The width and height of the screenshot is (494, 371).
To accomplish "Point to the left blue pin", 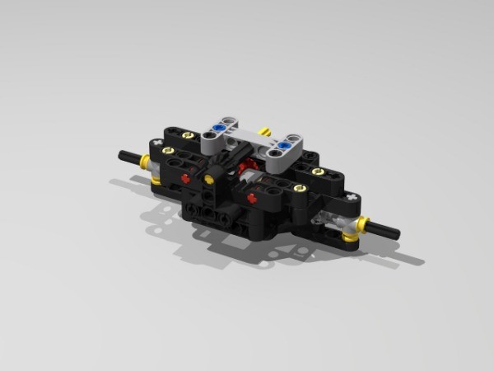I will pyautogui.click(x=219, y=127).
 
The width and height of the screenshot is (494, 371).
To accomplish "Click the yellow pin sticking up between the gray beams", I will pyautogui.click(x=265, y=131).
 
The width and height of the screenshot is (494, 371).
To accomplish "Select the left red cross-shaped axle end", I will pyautogui.click(x=187, y=177).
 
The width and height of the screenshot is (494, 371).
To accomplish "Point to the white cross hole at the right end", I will pyautogui.click(x=352, y=198).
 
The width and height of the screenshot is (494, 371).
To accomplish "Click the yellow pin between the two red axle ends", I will pyautogui.click(x=212, y=178).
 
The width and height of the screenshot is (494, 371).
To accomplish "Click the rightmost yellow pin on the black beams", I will pyautogui.click(x=317, y=171).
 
